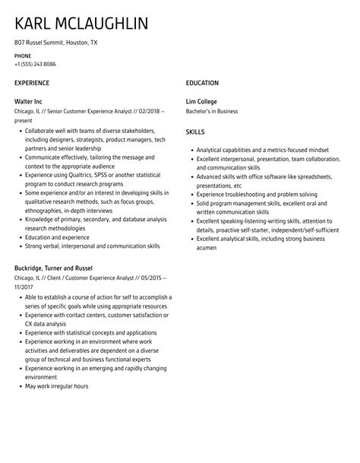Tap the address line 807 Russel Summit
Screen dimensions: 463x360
[55, 43]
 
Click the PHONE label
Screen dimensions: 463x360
[23, 56]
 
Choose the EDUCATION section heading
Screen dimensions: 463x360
[202, 82]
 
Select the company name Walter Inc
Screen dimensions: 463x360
[31, 101]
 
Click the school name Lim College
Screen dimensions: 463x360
[201, 101]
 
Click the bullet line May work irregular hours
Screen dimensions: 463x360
[56, 408]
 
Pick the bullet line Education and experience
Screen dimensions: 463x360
[57, 236]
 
